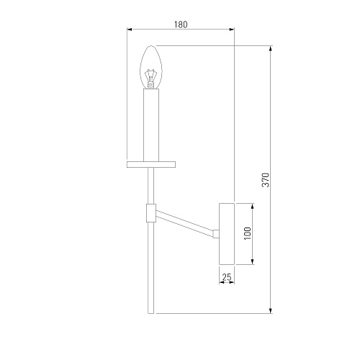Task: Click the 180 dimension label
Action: tap(181, 24)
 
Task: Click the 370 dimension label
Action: tap(266, 180)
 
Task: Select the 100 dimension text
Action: tap(247, 233)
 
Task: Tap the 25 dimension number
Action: tap(227, 277)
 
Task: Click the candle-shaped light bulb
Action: tap(151, 67)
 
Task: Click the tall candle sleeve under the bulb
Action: tap(151, 125)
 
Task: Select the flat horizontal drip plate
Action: tap(151, 164)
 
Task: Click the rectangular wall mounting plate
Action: tap(227, 234)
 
